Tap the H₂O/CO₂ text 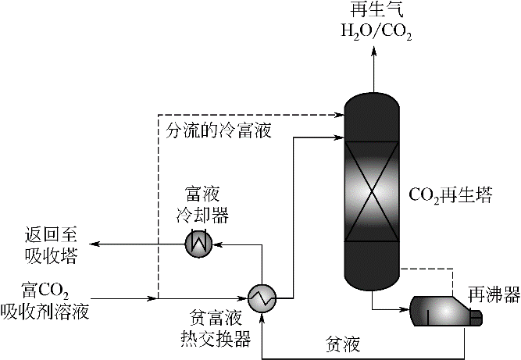point(373,33)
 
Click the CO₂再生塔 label point(452,193)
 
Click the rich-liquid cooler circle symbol point(198,244)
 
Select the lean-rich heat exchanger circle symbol point(262,297)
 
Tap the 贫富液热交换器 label point(220,327)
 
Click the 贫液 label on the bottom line point(341,343)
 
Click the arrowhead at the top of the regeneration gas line point(373,50)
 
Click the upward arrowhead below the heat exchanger point(262,315)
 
